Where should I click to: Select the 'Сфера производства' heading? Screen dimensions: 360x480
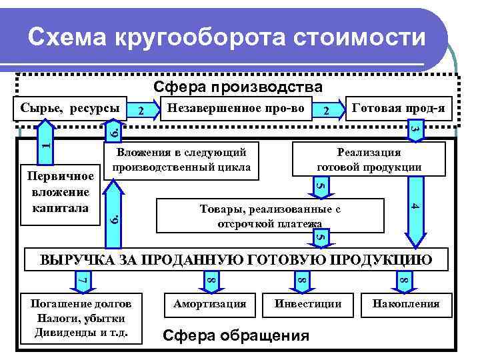[238, 87]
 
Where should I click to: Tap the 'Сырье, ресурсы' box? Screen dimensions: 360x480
[70, 107]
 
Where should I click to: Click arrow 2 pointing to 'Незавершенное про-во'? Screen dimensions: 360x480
[141, 109]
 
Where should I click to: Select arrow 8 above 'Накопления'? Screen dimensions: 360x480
[402, 279]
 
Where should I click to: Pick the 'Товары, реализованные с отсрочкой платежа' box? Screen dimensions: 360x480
[269, 216]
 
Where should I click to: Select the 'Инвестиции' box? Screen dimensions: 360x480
[308, 304]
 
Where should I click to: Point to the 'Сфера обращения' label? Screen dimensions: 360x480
[237, 335]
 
